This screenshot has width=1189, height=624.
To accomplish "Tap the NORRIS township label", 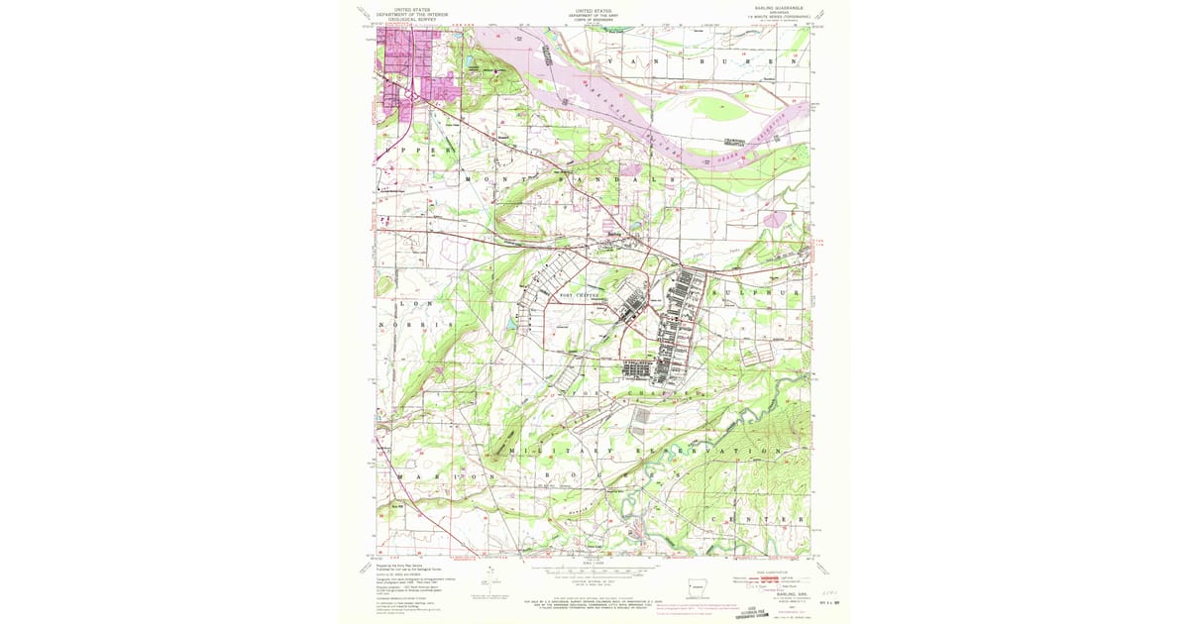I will pyautogui.click(x=415, y=325).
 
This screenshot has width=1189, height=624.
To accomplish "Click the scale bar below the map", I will pyautogui.click(x=592, y=572).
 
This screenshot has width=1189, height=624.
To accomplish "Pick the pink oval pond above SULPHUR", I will pyautogui.click(x=776, y=217).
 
